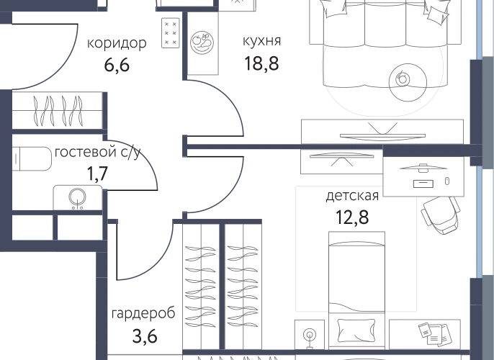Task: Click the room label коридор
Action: click(117, 43)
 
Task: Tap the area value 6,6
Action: click(117, 65)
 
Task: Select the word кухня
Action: click(261, 41)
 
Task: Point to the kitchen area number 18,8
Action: click(261, 63)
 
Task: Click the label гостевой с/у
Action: click(98, 153)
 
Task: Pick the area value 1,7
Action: click(97, 174)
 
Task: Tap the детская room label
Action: click(352, 196)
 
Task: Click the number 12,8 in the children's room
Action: click(352, 217)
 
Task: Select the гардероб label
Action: click(143, 314)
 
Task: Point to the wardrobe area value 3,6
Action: click(145, 336)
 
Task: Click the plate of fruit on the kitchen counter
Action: click(202, 42)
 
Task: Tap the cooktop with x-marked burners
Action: click(171, 32)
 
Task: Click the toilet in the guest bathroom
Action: click(32, 159)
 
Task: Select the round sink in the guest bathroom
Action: click(78, 197)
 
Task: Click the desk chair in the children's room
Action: click(441, 214)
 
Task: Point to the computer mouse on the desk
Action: click(446, 181)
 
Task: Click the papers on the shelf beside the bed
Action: click(435, 335)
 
